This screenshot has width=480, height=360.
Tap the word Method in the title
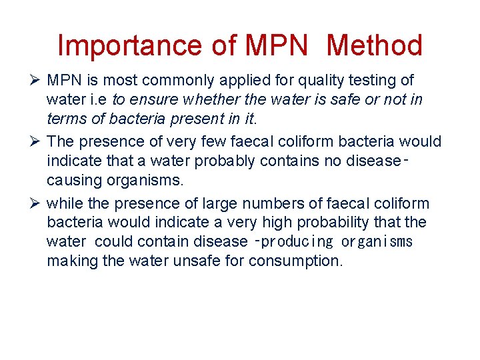pyautogui.click(x=375, y=45)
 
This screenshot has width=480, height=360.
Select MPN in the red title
pyautogui.click(x=277, y=45)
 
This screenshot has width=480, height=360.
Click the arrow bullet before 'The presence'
pyautogui.click(x=36, y=142)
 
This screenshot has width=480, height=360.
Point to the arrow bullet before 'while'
pyautogui.click(x=36, y=203)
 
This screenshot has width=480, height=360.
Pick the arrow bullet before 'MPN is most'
pyautogui.click(x=36, y=81)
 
